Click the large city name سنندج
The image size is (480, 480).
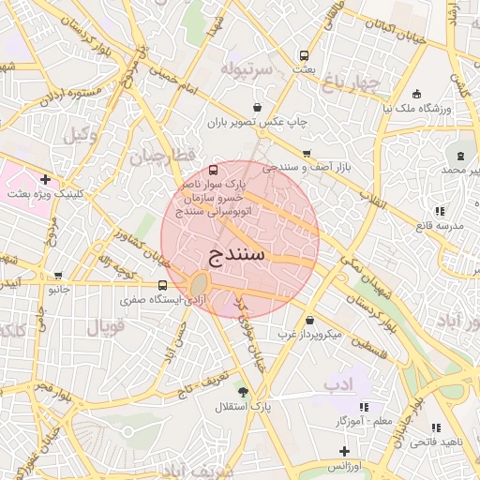coord(233,253)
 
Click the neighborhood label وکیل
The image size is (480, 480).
coord(82,134)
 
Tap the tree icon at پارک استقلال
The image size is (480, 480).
coord(245,392)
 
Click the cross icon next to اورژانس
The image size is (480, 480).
coord(344,452)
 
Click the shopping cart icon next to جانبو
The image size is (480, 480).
coord(59,277)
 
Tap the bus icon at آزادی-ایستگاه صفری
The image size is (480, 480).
coord(163,285)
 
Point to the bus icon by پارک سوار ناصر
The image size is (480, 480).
coord(214,171)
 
